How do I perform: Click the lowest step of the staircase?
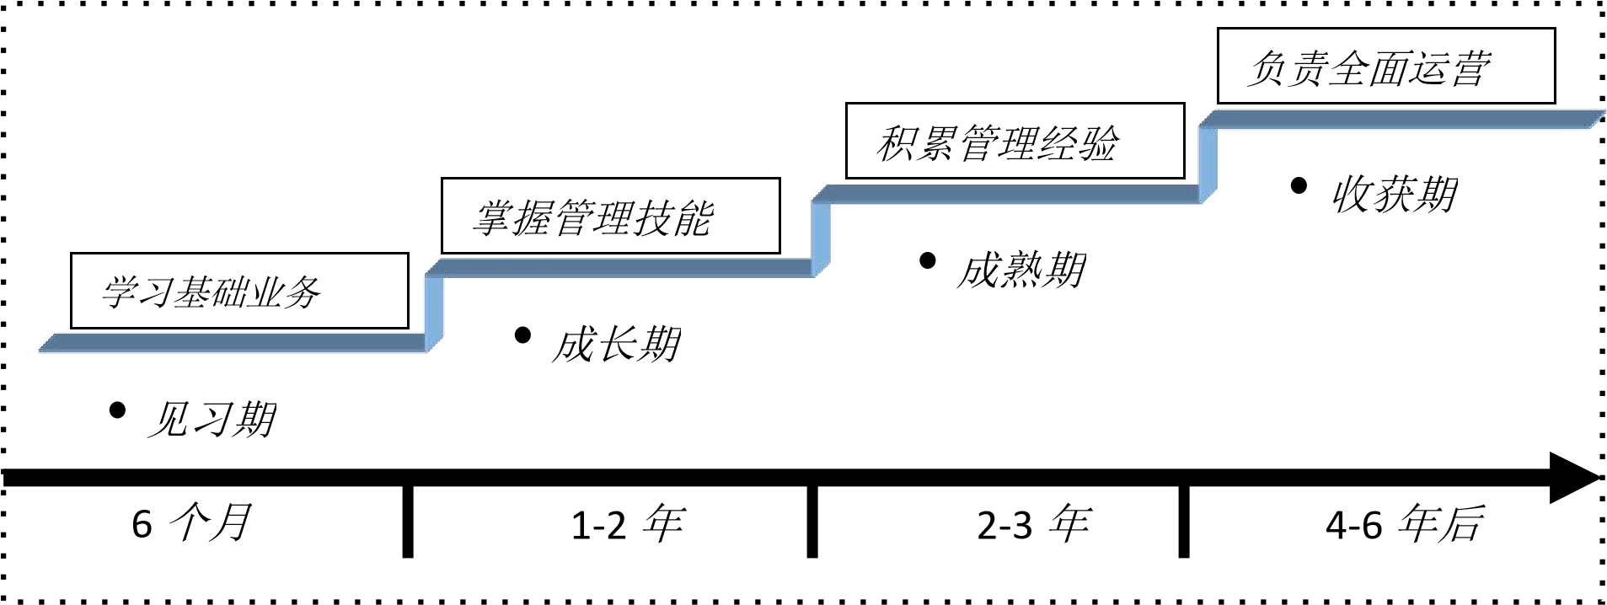232,342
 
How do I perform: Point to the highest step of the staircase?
1399,120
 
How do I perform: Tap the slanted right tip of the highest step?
1595,119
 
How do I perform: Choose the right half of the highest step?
1500,120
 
